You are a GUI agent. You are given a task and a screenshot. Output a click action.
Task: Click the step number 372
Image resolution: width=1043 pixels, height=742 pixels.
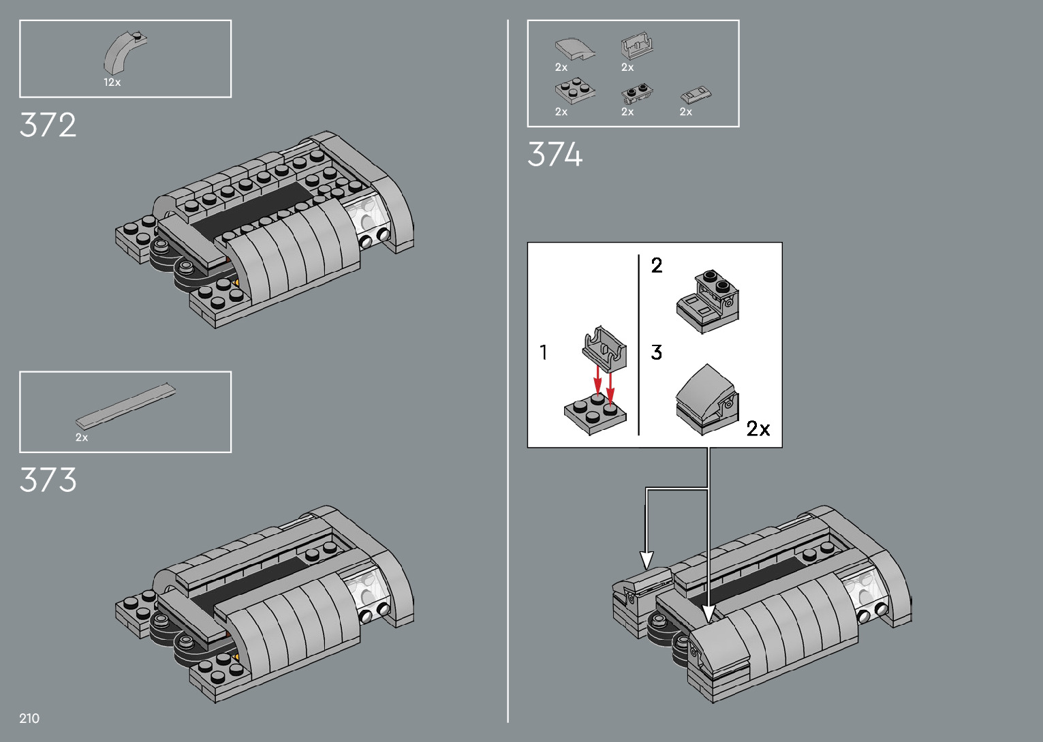coord(48,125)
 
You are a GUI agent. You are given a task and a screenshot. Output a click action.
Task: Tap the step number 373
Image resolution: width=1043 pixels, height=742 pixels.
coord(48,480)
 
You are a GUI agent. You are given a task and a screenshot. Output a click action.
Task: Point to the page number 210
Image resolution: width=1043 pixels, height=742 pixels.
coord(29,718)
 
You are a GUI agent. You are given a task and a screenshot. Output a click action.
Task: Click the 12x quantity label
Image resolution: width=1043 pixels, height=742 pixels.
coord(112,82)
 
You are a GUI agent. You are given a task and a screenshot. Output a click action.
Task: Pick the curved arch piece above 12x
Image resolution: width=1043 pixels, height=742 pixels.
coord(124,52)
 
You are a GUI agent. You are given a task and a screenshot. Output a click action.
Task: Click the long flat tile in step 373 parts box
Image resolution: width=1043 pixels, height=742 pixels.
coord(126,406)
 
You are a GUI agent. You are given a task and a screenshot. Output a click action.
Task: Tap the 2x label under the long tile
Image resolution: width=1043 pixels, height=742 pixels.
coord(82,437)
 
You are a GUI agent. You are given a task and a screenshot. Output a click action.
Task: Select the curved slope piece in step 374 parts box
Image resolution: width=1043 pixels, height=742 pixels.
coord(575,49)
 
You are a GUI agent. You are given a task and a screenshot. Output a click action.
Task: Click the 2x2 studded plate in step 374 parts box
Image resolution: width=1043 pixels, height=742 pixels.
coord(575,91)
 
